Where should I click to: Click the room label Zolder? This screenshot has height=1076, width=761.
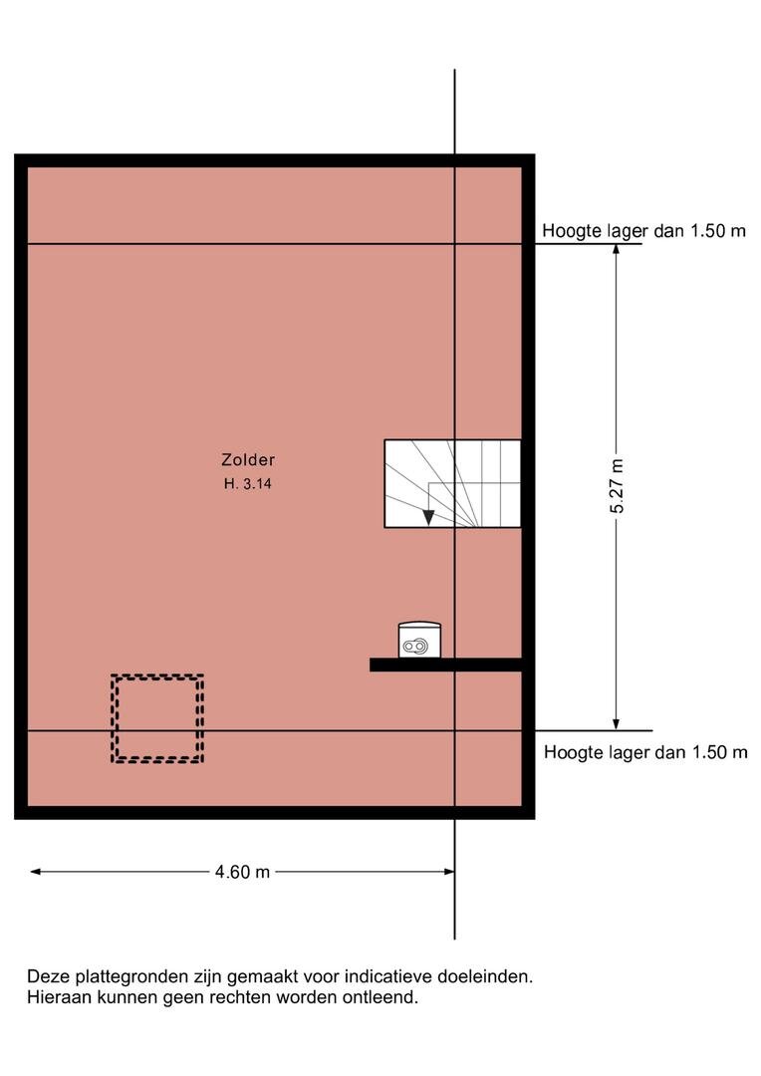(248, 459)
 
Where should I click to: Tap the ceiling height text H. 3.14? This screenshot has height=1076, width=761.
(248, 484)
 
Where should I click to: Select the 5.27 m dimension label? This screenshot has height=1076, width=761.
(617, 486)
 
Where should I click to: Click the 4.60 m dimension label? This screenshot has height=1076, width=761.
(242, 872)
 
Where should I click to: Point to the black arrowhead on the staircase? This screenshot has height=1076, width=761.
(428, 517)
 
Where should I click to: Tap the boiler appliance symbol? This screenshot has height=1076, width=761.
(419, 640)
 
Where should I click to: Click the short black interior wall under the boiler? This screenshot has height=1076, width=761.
(446, 665)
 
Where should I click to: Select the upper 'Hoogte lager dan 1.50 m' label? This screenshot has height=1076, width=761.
(643, 230)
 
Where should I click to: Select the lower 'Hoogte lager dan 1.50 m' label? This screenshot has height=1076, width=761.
(645, 752)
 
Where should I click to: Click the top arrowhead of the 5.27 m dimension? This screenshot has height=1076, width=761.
(617, 249)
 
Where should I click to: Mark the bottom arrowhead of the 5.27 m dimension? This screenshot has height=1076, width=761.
(617, 724)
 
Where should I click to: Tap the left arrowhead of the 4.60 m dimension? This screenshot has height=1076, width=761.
(36, 872)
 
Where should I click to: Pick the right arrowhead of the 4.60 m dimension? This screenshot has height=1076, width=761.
(449, 872)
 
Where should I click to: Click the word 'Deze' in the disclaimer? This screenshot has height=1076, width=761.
(48, 975)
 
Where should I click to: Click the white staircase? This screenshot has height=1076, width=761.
(452, 483)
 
